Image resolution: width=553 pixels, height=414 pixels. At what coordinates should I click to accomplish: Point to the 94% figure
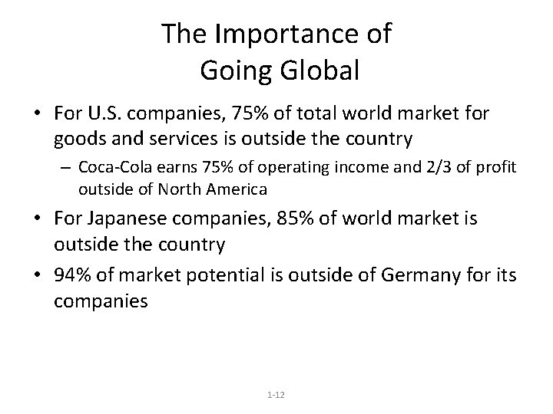click(72, 275)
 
